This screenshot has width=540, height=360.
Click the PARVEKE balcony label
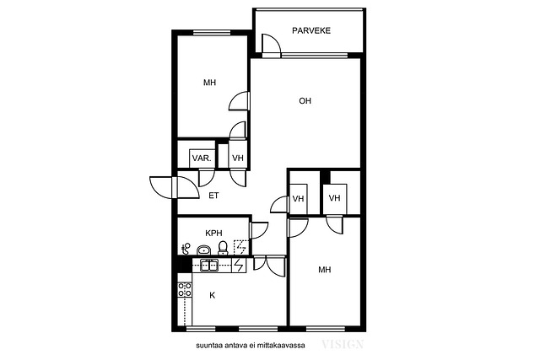click(x=311, y=30)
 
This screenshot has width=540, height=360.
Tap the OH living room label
click(x=305, y=101)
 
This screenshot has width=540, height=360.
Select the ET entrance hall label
click(x=213, y=196)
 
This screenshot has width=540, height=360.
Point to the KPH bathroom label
click(x=213, y=233)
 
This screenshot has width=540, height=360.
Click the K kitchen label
click(x=213, y=295)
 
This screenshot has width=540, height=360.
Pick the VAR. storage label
click(x=202, y=159)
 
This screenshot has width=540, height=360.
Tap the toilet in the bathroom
click(x=223, y=248)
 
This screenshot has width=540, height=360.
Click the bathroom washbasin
click(x=203, y=250)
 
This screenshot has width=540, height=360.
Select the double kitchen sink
click(x=208, y=266)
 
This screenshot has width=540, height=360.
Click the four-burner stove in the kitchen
click(x=185, y=290)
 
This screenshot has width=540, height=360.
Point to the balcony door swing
click(x=271, y=44)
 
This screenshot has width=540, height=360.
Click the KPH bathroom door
click(x=259, y=231)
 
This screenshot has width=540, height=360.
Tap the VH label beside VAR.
click(x=238, y=159)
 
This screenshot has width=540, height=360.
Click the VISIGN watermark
click(x=343, y=344)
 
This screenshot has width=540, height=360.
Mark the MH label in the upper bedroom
click(x=209, y=83)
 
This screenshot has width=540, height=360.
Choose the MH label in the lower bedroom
click(x=324, y=270)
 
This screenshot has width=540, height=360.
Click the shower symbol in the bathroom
click(x=240, y=247)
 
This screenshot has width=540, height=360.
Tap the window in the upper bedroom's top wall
click(x=212, y=33)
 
